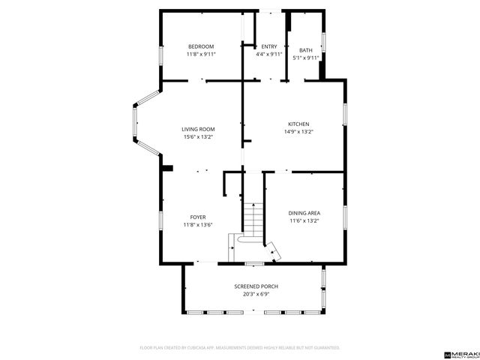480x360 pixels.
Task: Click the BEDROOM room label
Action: [201, 46]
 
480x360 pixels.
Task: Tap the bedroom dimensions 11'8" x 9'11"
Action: [201, 55]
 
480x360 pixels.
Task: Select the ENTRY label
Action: [268, 46]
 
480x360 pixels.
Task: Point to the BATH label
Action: [306, 49]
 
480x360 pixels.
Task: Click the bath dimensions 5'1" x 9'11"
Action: [306, 58]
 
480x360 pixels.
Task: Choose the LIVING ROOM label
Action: [199, 129]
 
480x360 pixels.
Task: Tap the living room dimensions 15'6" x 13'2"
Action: [199, 137]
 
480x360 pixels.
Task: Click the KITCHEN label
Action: [298, 124]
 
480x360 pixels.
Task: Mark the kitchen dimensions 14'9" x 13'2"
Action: [298, 132]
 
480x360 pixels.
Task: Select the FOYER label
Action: [198, 217]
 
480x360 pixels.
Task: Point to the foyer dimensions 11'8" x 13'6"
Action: [198, 225]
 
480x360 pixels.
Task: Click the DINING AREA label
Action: [304, 213]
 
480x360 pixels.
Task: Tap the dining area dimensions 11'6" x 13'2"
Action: [304, 221]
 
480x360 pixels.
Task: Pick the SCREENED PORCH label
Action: [256, 286]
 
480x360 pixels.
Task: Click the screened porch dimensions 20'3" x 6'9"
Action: [256, 295]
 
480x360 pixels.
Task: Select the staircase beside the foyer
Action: [253, 217]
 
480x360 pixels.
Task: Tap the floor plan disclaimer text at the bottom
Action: [240, 348]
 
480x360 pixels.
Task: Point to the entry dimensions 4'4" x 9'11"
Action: [268, 55]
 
